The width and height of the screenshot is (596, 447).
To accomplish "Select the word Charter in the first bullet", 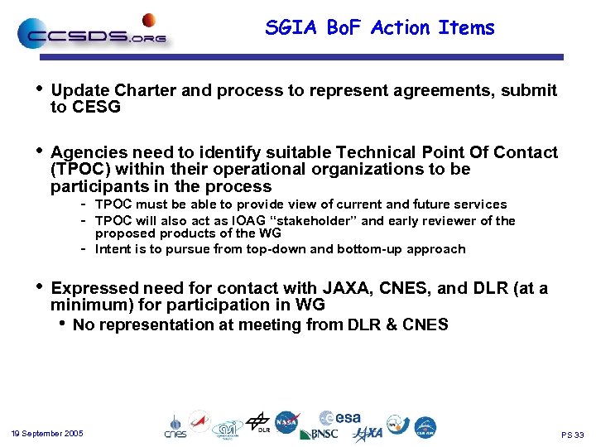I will tap(146, 90).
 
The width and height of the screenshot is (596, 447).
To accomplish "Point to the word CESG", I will tap(97, 107).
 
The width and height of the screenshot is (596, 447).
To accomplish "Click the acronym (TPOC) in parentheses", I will tap(79, 169).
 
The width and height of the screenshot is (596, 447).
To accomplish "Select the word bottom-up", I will tap(366, 249).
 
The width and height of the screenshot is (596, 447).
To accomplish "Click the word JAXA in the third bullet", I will tap(347, 288).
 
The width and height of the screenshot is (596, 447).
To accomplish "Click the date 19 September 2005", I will tap(47, 434).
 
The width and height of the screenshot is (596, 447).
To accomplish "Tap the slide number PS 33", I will tap(572, 435).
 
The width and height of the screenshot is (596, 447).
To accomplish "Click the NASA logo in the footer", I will tap(287, 422).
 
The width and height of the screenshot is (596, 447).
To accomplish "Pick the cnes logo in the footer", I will tap(175, 425).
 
